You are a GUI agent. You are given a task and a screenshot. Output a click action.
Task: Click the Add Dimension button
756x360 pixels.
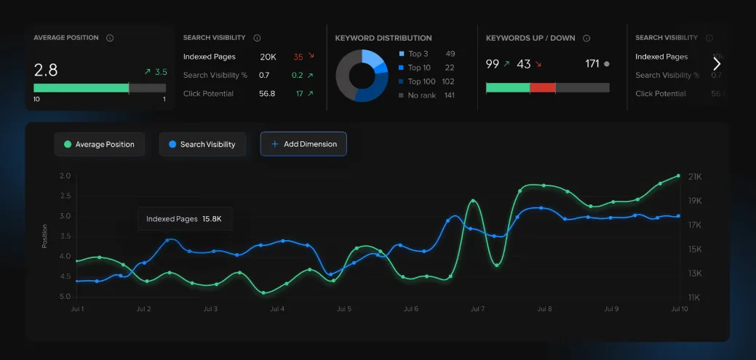click(x=303, y=144)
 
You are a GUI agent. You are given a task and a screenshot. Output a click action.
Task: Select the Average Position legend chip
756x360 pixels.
click(x=99, y=145)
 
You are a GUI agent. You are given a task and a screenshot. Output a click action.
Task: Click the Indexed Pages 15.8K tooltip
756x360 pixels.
click(x=185, y=219)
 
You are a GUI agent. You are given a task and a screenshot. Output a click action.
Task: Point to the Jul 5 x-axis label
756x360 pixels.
click(x=344, y=309)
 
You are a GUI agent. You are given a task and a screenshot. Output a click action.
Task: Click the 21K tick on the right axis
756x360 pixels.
click(x=694, y=177)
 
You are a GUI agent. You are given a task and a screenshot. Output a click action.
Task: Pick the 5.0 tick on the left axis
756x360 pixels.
click(x=65, y=297)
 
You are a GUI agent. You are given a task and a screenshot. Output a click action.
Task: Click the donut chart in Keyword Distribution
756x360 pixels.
click(x=362, y=75)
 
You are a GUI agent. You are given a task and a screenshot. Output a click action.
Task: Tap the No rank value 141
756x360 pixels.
click(x=449, y=95)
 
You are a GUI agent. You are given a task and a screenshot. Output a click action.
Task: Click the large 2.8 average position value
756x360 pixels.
click(x=46, y=71)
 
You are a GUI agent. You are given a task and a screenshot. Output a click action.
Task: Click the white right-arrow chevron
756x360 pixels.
click(x=717, y=64)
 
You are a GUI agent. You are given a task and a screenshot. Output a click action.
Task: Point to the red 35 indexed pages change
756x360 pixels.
click(x=298, y=57)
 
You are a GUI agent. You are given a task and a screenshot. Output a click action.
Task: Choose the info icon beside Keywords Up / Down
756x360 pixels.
click(x=586, y=39)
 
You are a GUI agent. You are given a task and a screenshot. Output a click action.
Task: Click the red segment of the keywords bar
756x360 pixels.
click(x=542, y=87)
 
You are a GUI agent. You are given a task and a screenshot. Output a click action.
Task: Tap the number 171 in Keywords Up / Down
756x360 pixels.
click(x=592, y=64)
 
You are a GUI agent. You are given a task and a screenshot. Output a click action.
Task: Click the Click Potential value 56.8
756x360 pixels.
click(x=267, y=94)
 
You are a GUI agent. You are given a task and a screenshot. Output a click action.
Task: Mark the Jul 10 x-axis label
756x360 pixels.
click(x=678, y=309)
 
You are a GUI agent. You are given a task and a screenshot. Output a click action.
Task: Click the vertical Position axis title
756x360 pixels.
click(x=44, y=236)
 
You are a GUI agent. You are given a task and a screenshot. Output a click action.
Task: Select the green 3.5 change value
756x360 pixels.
click(x=161, y=72)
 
